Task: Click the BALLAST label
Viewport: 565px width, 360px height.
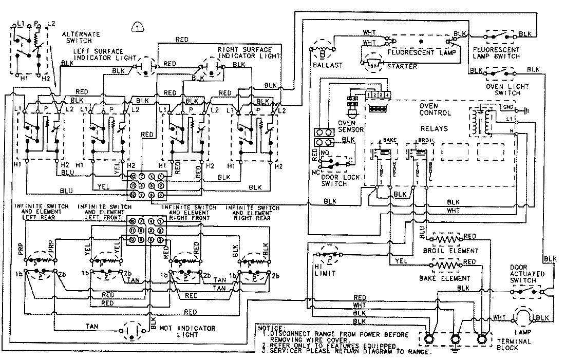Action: pos(324,65)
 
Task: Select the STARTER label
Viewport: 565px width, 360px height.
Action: pos(403,66)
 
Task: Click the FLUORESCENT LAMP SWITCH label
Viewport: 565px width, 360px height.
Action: pos(496,53)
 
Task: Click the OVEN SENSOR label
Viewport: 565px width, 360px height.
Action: pos(350,126)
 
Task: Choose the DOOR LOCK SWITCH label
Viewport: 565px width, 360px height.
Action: pos(334,180)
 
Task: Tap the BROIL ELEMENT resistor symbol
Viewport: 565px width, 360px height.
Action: pos(446,239)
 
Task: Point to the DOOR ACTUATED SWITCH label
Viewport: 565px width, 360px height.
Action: pos(527,274)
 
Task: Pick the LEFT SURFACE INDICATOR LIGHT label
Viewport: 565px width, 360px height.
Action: pos(98,54)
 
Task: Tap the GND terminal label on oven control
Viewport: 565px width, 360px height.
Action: pos(506,107)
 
